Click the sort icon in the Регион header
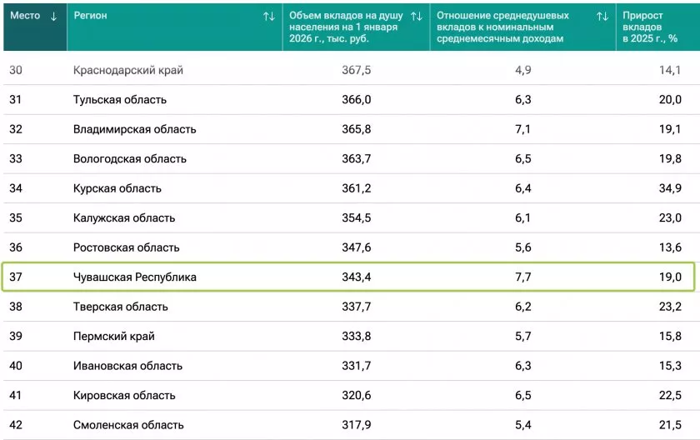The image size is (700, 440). click(268, 16)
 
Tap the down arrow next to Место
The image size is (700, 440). click(54, 16)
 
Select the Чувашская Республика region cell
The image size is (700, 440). click(135, 277)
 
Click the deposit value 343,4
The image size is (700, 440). click(356, 277)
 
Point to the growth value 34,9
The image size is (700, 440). click(670, 188)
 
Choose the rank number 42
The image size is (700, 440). click(16, 424)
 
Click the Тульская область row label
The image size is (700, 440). click(120, 100)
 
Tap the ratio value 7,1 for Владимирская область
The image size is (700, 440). click(522, 129)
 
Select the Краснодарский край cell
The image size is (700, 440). click(128, 71)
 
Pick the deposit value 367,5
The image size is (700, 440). click(356, 71)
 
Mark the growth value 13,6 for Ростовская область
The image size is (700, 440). click(670, 247)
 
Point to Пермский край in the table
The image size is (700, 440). click(114, 336)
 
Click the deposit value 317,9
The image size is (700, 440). click(356, 424)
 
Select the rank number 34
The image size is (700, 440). click(16, 188)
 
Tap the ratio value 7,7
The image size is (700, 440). click(522, 277)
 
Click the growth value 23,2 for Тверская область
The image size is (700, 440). click(670, 307)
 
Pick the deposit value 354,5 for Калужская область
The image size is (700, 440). click(356, 217)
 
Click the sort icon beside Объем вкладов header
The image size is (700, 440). click(417, 16)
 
